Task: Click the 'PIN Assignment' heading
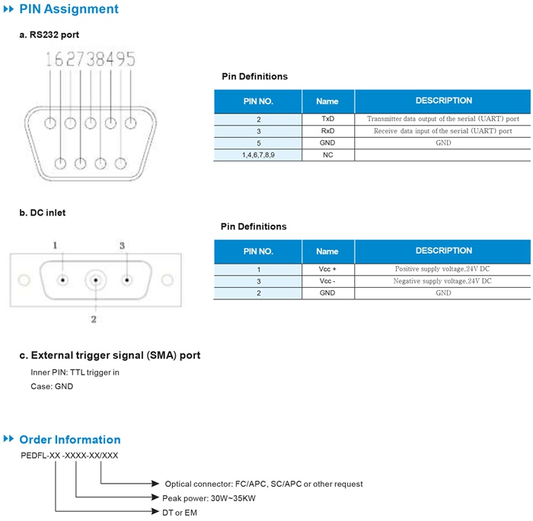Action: pyautogui.click(x=69, y=9)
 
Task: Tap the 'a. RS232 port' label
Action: pyautogui.click(x=49, y=35)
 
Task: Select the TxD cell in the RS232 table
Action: pyautogui.click(x=328, y=119)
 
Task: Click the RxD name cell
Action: pyautogui.click(x=328, y=131)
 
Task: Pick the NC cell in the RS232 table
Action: pyautogui.click(x=328, y=155)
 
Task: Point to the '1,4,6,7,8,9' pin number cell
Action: pyautogui.click(x=258, y=155)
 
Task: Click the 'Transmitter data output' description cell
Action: pyautogui.click(x=443, y=119)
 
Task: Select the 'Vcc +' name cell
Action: pyautogui.click(x=327, y=269)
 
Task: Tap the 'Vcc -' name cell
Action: pyautogui.click(x=327, y=281)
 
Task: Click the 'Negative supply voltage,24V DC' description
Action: pyautogui.click(x=442, y=281)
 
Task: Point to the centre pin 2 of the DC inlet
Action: pyautogui.click(x=96, y=280)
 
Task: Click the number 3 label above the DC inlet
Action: pyautogui.click(x=122, y=245)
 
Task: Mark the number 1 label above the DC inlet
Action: pyautogui.click(x=55, y=245)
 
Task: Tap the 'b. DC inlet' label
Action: pyautogui.click(x=43, y=213)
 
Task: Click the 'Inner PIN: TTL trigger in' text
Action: pyautogui.click(x=75, y=372)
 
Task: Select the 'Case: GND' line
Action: pyautogui.click(x=52, y=386)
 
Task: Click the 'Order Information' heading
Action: pyautogui.click(x=70, y=439)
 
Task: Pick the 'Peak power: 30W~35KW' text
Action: pyautogui.click(x=209, y=498)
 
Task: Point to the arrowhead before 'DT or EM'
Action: pyautogui.click(x=155, y=511)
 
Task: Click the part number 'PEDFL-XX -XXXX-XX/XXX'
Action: pyautogui.click(x=69, y=455)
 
